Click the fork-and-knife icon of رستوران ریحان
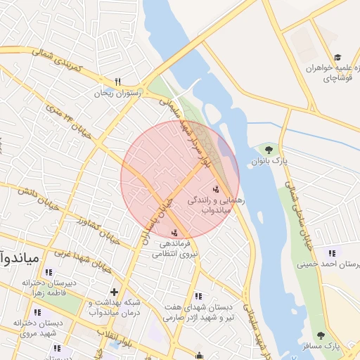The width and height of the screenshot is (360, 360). pos(119,81)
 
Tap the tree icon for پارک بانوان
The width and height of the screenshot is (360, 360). pos(268,149)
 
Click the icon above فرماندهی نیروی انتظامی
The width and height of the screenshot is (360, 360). pos(174,233)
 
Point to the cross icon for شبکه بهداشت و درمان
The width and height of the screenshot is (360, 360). pos(114,291)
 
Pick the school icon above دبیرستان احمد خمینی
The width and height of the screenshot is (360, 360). pos(331,253)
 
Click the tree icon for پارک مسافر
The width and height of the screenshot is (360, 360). pos(321,336)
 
